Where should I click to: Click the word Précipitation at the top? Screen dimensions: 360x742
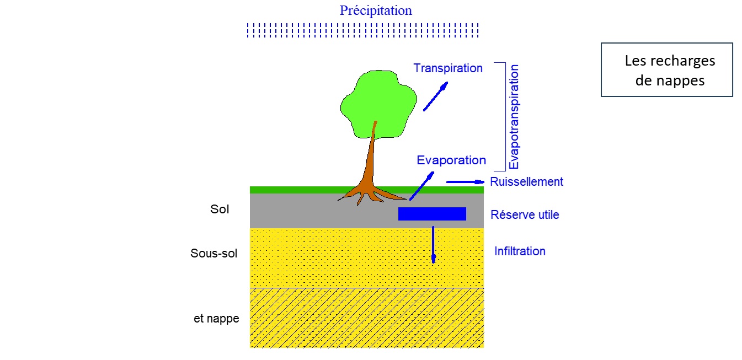(x=376, y=10)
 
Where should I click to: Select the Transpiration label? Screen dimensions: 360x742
(x=448, y=68)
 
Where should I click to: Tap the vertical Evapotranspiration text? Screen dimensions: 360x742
(x=514, y=117)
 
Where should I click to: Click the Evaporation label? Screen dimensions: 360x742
(x=451, y=160)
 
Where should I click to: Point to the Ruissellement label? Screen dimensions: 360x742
(x=526, y=182)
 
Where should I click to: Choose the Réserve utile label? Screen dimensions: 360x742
(x=525, y=215)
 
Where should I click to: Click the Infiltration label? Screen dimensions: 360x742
(x=520, y=251)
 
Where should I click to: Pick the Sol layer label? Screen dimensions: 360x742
(x=220, y=209)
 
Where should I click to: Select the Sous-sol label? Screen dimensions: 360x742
(x=213, y=254)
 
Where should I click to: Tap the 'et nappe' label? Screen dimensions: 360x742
(x=216, y=319)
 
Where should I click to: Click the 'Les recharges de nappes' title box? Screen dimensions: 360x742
(x=666, y=70)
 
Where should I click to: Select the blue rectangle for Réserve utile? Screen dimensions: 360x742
(x=432, y=214)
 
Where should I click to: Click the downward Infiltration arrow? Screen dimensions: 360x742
(x=433, y=244)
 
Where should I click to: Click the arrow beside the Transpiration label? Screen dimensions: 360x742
(x=435, y=96)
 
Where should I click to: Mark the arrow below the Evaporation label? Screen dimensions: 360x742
(x=421, y=186)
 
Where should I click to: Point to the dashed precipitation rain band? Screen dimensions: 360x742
(x=362, y=30)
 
